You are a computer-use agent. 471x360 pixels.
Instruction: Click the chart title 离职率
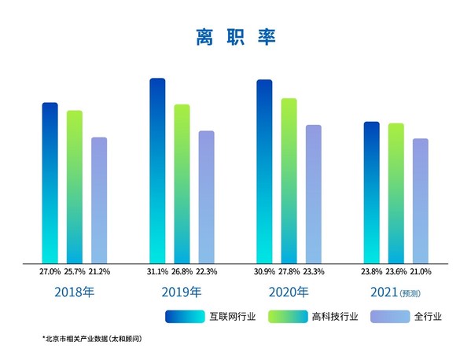click(235, 37)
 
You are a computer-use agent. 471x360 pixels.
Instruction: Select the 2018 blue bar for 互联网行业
click(50, 182)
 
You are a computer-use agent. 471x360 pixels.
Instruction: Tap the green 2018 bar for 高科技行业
click(74, 186)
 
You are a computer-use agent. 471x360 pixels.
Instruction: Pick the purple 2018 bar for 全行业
click(99, 200)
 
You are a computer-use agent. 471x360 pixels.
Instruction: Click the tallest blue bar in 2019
click(157, 171)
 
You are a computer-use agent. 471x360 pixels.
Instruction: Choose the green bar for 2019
click(182, 183)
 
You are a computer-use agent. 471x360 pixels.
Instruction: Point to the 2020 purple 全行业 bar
click(314, 193)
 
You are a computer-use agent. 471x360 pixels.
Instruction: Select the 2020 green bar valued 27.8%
click(289, 180)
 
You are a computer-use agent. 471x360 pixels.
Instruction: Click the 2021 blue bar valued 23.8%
click(371, 192)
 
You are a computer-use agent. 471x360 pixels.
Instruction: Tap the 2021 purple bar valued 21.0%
click(421, 200)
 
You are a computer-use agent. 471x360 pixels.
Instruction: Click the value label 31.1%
click(157, 271)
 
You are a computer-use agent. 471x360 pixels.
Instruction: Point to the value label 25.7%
click(74, 271)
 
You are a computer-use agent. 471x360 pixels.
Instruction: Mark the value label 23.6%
click(396, 271)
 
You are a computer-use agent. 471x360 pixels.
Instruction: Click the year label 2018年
click(74, 293)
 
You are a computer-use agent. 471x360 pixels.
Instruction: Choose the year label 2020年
click(289, 293)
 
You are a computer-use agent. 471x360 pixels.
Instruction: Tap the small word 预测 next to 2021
click(411, 295)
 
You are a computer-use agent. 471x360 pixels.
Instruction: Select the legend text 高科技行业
click(335, 317)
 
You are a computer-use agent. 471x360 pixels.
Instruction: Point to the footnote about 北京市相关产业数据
click(91, 339)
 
